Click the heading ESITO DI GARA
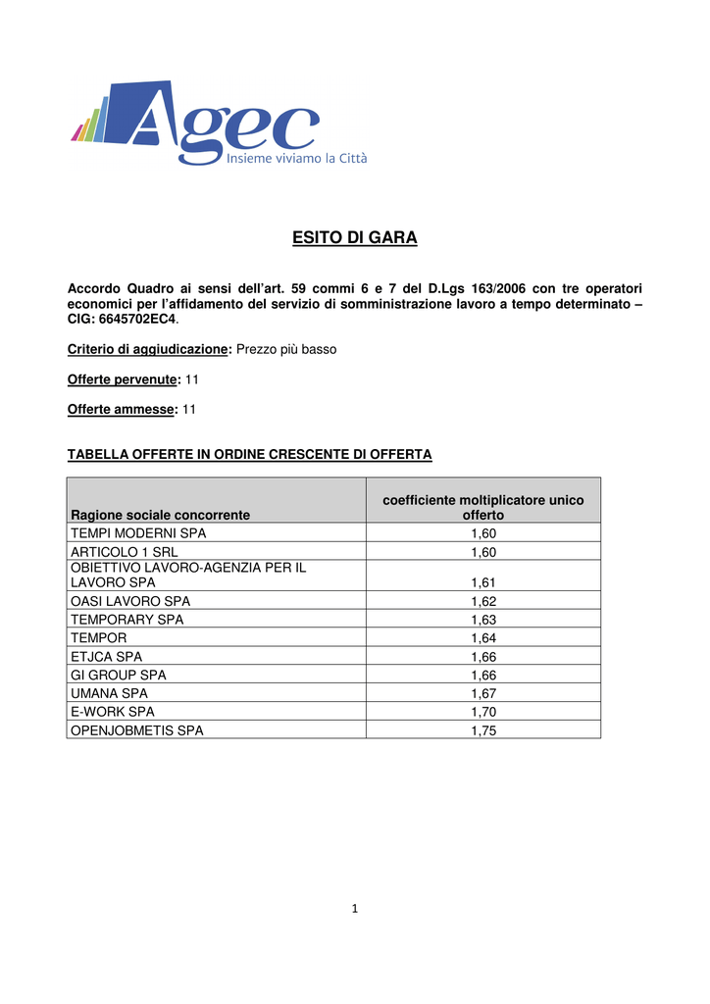(354, 238)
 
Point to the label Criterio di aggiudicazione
(147, 348)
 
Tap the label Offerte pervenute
(123, 378)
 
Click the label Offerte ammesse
(121, 409)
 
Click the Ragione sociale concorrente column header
(160, 514)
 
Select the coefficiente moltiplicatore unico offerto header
(482, 507)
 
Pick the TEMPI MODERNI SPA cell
(138, 532)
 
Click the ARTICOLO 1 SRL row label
(124, 552)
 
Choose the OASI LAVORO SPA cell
(130, 600)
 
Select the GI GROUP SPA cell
(118, 676)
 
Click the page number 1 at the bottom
(355, 909)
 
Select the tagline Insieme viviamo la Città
(297, 158)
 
